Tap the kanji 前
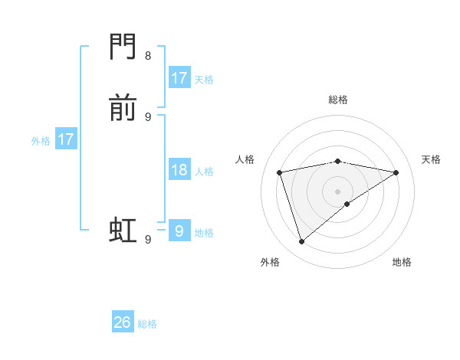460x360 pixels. (x=123, y=109)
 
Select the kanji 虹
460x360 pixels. (x=123, y=229)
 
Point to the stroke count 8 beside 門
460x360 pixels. (x=148, y=56)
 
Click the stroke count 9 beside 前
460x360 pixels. (x=148, y=116)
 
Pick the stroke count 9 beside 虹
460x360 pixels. (x=148, y=240)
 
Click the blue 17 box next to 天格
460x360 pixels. (x=179, y=78)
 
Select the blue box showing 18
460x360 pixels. (x=179, y=170)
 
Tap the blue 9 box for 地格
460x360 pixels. (x=179, y=231)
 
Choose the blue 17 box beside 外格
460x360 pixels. (x=66, y=139)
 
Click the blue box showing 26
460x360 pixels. (x=123, y=322)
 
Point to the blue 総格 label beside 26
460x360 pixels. (x=148, y=324)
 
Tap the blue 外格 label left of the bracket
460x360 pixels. (x=41, y=141)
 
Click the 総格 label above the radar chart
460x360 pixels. (x=338, y=100)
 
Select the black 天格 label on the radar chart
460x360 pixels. (x=431, y=159)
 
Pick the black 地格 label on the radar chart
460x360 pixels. (x=402, y=262)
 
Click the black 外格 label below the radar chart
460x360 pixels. (x=270, y=262)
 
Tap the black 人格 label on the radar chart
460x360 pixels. (x=245, y=159)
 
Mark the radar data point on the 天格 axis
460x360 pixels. (x=396, y=172)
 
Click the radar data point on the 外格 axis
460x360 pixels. (x=301, y=242)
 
